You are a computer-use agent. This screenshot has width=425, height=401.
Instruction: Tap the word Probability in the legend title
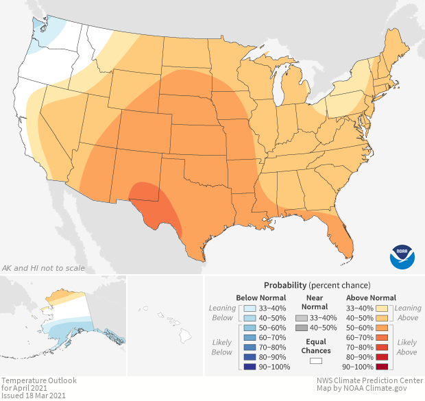[285, 284]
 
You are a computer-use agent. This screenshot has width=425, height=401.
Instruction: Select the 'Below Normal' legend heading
[260, 297]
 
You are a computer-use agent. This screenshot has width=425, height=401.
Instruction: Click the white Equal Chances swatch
[316, 361]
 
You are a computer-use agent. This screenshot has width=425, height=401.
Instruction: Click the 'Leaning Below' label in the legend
[222, 313]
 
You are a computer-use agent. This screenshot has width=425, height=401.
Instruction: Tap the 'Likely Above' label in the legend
[406, 347]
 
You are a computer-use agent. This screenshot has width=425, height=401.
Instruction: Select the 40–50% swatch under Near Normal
[302, 328]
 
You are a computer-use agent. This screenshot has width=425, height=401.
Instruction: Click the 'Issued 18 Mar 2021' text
[33, 396]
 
